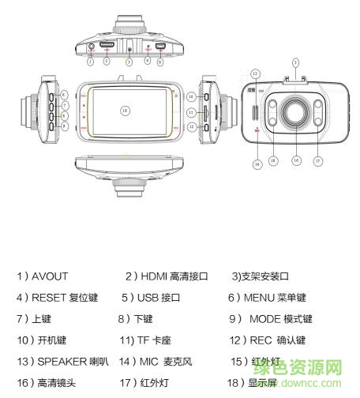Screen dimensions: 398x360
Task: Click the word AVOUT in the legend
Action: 50,276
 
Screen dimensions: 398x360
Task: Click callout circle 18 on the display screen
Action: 124,111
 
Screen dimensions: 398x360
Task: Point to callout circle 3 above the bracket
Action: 294,61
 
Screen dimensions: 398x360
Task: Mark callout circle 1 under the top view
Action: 91,61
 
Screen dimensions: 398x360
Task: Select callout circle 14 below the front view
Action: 257,163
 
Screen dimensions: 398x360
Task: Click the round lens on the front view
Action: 294,114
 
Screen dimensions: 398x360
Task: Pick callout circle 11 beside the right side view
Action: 190,111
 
